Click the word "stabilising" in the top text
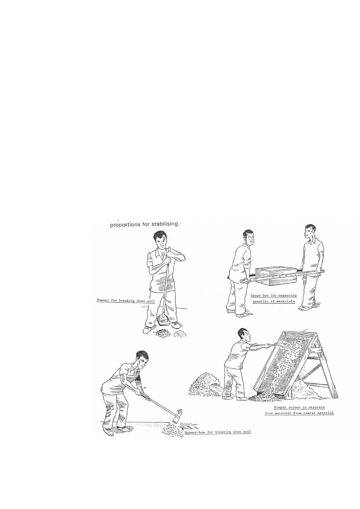click(x=165, y=224)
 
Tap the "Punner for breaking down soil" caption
click(x=126, y=300)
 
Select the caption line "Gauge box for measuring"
click(x=274, y=296)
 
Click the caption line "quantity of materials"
click(x=274, y=301)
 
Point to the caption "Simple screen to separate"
click(x=299, y=408)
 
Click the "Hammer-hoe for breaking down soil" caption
click(x=217, y=432)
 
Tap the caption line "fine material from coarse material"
click(x=299, y=413)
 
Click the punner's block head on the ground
click(x=163, y=320)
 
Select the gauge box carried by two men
click(x=276, y=276)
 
